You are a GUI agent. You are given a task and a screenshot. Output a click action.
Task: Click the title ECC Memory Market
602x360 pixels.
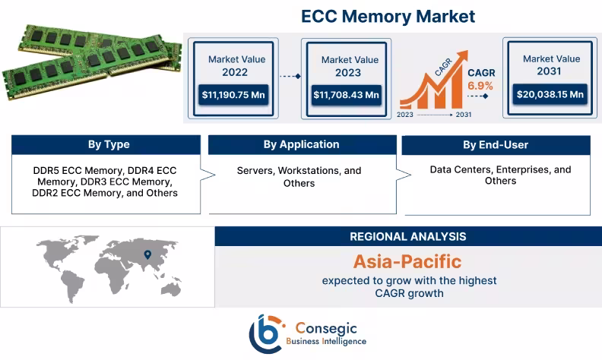pyautogui.click(x=388, y=16)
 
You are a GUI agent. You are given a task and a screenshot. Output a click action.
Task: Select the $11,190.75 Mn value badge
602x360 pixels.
pyautogui.click(x=234, y=95)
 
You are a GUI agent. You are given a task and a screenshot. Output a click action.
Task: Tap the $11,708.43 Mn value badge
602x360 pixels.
pyautogui.click(x=346, y=95)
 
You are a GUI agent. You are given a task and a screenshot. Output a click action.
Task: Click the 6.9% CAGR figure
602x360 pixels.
pyautogui.click(x=480, y=86)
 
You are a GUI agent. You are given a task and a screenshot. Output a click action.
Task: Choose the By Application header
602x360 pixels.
pyautogui.click(x=301, y=144)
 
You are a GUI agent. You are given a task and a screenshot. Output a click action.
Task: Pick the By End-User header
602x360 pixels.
pyautogui.click(x=495, y=145)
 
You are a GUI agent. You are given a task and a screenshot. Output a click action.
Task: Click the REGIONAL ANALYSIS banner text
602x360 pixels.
pyautogui.click(x=408, y=237)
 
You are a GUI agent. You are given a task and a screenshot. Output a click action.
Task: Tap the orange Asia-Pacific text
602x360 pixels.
pyautogui.click(x=407, y=262)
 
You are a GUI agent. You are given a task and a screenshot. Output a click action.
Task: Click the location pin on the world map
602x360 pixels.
pyautogui.click(x=147, y=255)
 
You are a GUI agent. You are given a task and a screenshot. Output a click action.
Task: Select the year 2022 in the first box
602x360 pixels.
pyautogui.click(x=234, y=73)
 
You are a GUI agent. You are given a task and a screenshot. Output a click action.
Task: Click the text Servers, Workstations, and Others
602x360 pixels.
pyautogui.click(x=299, y=176)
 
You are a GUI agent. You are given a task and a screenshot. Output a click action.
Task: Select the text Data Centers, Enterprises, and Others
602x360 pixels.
pyautogui.click(x=495, y=175)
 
